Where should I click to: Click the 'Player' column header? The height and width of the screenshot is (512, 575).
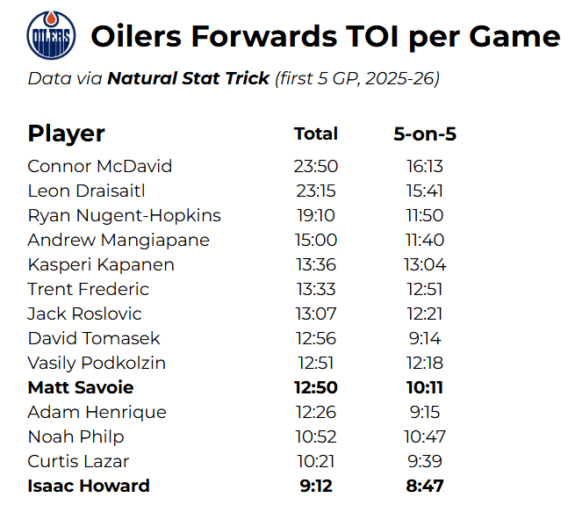click(x=66, y=133)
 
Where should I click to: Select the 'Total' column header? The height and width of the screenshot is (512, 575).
click(x=316, y=133)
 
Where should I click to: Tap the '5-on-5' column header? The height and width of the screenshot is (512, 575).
click(x=425, y=134)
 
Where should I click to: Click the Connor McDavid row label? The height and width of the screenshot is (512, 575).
click(x=99, y=166)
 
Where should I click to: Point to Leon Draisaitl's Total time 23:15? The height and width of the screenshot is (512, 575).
click(x=316, y=191)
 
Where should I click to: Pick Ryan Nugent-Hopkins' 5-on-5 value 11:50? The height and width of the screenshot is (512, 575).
click(x=425, y=215)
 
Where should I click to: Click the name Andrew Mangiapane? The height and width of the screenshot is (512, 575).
click(x=119, y=240)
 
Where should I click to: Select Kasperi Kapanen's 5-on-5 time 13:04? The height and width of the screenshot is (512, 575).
click(x=425, y=264)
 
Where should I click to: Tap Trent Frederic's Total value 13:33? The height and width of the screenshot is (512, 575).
click(x=316, y=289)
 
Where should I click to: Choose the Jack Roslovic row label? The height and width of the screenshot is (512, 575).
click(x=84, y=314)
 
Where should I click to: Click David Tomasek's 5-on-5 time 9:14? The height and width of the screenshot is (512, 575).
click(x=425, y=338)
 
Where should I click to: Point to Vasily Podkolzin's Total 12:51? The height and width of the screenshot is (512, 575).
click(x=316, y=363)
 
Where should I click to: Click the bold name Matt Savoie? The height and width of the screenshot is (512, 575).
click(x=81, y=387)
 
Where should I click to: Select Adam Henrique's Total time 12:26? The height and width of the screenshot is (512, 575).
click(x=316, y=412)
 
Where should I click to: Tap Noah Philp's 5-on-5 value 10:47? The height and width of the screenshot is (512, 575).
click(x=425, y=436)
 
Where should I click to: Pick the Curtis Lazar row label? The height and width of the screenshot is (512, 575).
click(x=78, y=461)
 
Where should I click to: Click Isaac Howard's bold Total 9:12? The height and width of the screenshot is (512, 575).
click(x=316, y=486)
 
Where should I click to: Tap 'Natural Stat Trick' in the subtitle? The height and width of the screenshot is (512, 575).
click(x=188, y=79)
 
